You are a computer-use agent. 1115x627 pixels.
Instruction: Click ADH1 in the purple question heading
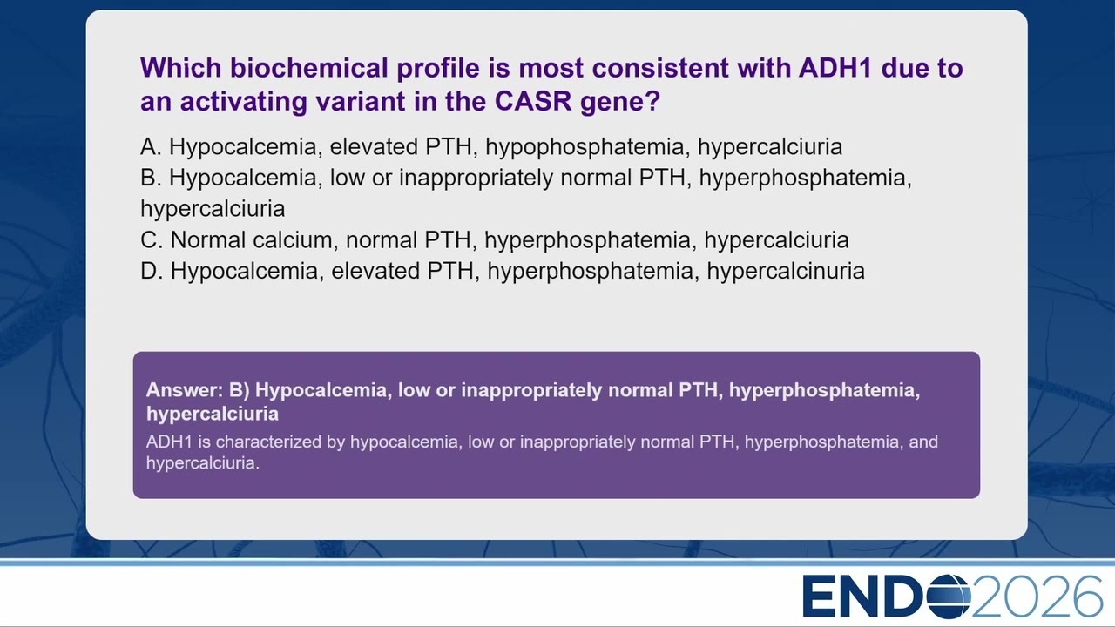click(x=835, y=68)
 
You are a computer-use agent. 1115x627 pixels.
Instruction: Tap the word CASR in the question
click(x=533, y=102)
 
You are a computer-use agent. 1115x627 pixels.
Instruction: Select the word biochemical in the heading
click(x=308, y=68)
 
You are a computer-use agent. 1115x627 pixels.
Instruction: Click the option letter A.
click(x=151, y=147)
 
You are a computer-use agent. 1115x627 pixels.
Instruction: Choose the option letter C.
click(x=152, y=239)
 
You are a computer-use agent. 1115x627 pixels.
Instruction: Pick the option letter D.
click(x=152, y=271)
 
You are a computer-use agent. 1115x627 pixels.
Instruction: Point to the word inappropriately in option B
click(x=476, y=179)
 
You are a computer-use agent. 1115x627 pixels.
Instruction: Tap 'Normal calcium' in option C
click(x=252, y=239)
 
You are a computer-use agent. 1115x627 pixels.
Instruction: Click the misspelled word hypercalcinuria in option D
click(x=786, y=272)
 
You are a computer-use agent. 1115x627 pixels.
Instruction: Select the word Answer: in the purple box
click(x=185, y=390)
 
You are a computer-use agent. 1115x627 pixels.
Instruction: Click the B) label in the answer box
click(x=239, y=390)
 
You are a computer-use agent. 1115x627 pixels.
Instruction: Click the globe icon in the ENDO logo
click(x=949, y=597)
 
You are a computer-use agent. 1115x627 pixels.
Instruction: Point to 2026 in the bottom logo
click(x=1037, y=597)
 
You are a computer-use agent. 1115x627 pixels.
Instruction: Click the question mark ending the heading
click(x=654, y=102)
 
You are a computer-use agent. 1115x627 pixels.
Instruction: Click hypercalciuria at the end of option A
click(x=769, y=148)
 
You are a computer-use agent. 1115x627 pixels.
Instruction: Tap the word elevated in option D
click(x=402, y=271)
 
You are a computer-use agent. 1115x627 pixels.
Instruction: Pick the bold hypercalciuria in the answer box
click(x=213, y=415)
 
